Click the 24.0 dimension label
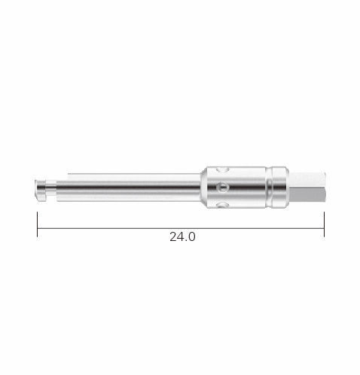(182, 236)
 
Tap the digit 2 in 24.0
(173, 236)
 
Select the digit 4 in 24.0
(180, 236)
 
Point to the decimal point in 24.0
(186, 240)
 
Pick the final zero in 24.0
(191, 236)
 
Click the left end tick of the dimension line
(38, 224)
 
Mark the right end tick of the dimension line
(324, 224)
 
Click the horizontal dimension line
(181, 228)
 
